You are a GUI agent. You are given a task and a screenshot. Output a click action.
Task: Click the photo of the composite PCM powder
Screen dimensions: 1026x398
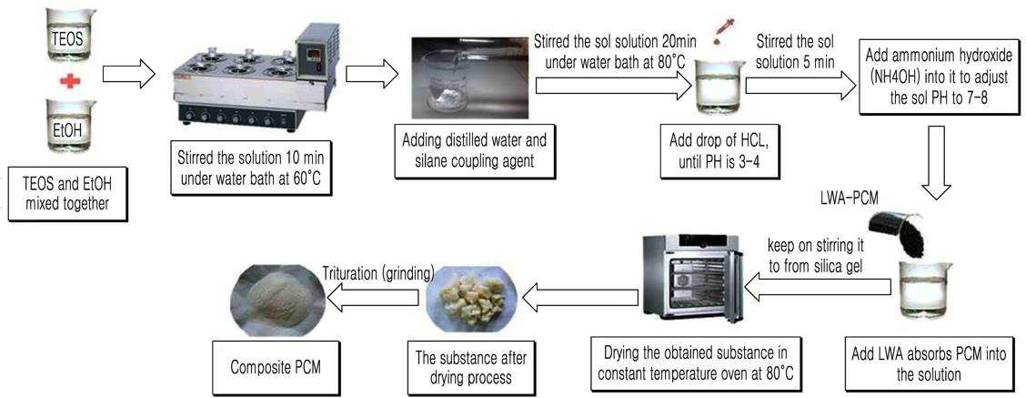[x=278, y=299]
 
